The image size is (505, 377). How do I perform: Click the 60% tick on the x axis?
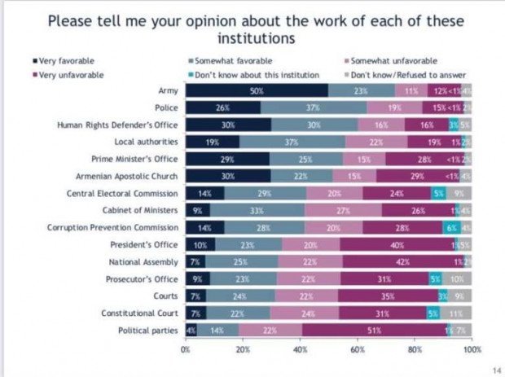(x=358, y=349)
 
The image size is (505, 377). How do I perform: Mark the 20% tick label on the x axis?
(x=243, y=349)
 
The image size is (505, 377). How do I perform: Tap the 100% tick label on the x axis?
(x=472, y=349)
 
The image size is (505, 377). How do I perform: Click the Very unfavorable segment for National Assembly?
(x=402, y=261)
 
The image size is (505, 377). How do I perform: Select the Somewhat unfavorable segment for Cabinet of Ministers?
(x=344, y=210)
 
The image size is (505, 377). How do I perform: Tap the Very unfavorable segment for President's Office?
(x=398, y=244)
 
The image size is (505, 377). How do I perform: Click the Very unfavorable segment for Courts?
(x=387, y=296)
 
